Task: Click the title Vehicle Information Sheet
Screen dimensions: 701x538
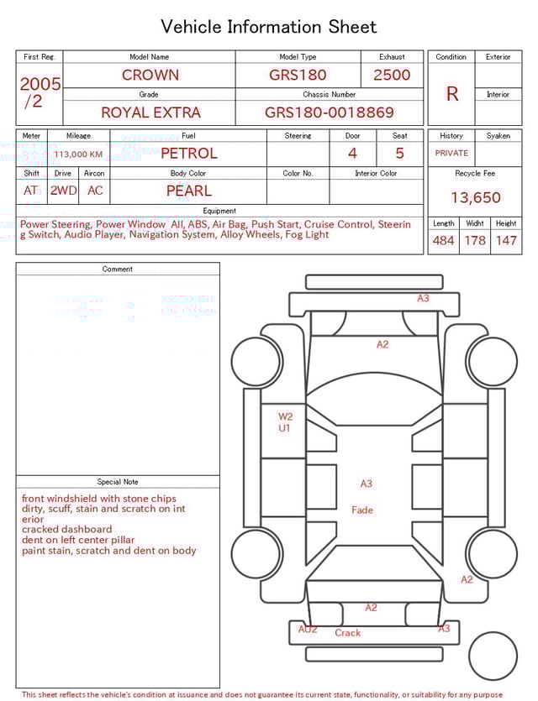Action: pos(268,27)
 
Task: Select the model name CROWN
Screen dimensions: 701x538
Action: pos(150,75)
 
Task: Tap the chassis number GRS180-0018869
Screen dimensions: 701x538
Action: pos(329,112)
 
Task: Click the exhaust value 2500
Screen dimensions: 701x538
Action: pos(392,75)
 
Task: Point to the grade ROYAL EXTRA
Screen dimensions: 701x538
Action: pos(150,112)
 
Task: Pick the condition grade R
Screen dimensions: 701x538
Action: pos(452,94)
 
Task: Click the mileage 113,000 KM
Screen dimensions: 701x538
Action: pos(78,154)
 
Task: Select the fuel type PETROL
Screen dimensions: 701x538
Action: pos(188,154)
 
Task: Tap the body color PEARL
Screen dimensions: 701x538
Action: pos(188,191)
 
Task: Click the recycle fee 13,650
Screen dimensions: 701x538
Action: pos(475,198)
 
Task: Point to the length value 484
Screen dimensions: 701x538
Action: pos(443,241)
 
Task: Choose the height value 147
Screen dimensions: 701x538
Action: pos(506,241)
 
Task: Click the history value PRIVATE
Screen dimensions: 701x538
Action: pos(451,154)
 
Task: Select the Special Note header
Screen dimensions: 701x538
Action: pos(118,482)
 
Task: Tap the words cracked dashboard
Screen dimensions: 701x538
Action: pos(66,530)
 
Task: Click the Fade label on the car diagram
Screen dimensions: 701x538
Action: pos(362,510)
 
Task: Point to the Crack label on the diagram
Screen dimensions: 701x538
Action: pos(347,633)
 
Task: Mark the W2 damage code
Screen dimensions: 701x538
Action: pos(286,416)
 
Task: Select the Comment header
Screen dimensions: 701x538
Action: pos(118,269)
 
